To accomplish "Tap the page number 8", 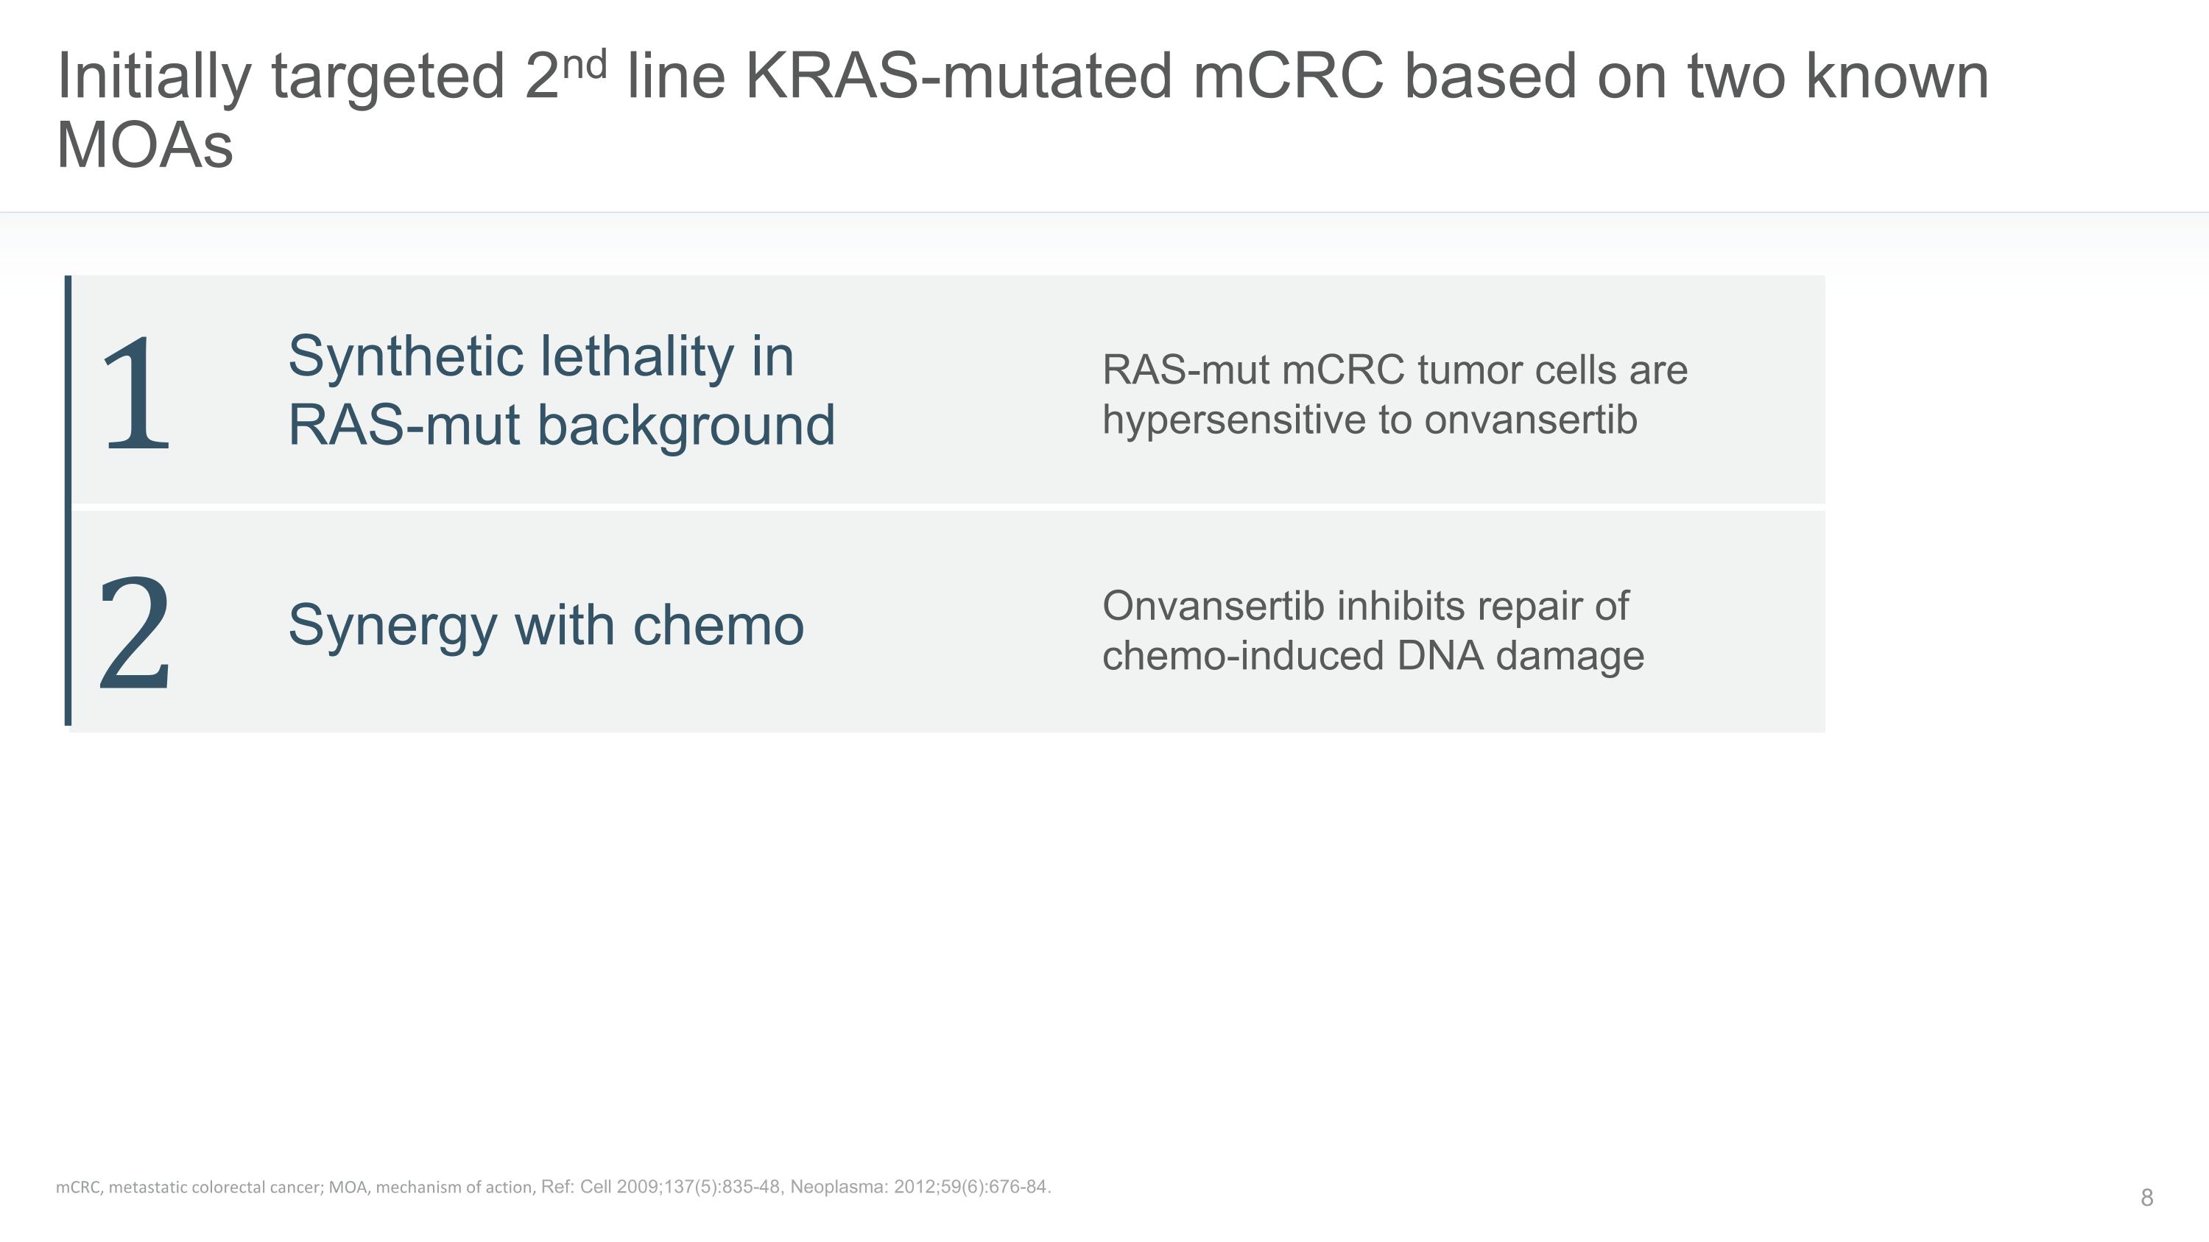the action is [x=2146, y=1197].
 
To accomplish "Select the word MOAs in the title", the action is [x=144, y=145].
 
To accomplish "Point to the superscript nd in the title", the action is [x=585, y=64].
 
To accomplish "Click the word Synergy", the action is [x=392, y=626].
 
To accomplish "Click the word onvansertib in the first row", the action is [x=1531, y=420].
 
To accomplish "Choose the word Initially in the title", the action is [x=153, y=77].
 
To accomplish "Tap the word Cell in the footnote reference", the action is [x=596, y=1187].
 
